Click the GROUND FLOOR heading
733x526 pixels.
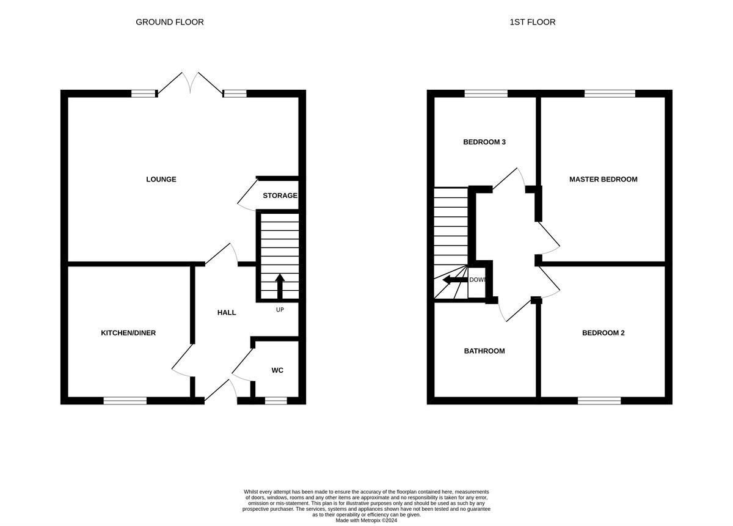pos(170,22)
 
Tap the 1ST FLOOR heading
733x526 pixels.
pos(533,22)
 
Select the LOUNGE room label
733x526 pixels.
pos(161,180)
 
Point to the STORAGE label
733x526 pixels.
pos(280,195)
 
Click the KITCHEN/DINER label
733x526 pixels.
pos(128,333)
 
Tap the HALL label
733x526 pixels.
pos(227,313)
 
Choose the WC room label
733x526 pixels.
pos(277,370)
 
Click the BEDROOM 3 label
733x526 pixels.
pos(484,142)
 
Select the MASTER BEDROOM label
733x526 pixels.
pos(604,180)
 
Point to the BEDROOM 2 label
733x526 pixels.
pos(604,333)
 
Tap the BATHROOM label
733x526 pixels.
pos(484,351)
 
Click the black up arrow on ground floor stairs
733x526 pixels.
pos(280,287)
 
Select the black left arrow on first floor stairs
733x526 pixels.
pos(455,280)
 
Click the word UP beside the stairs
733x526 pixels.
pos(280,310)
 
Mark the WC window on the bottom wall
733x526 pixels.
pos(276,401)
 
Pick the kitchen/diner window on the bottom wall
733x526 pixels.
pos(125,401)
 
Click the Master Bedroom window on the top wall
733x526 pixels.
pos(610,93)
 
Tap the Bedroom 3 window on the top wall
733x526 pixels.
pos(486,93)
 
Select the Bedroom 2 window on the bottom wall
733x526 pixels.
pos(599,401)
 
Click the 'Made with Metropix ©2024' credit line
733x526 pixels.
pos(366,521)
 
